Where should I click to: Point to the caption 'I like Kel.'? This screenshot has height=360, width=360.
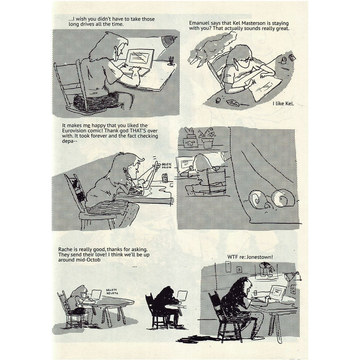click(x=283, y=103)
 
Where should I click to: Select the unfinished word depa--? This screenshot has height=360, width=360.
click(x=69, y=141)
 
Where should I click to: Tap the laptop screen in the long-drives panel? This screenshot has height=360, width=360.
click(x=140, y=57)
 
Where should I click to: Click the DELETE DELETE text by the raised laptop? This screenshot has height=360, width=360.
click(x=166, y=166)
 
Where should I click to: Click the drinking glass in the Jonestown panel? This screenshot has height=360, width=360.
click(x=255, y=294)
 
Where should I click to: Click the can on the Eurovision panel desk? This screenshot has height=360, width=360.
click(x=165, y=178)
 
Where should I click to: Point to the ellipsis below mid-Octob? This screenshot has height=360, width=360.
click(x=135, y=266)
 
